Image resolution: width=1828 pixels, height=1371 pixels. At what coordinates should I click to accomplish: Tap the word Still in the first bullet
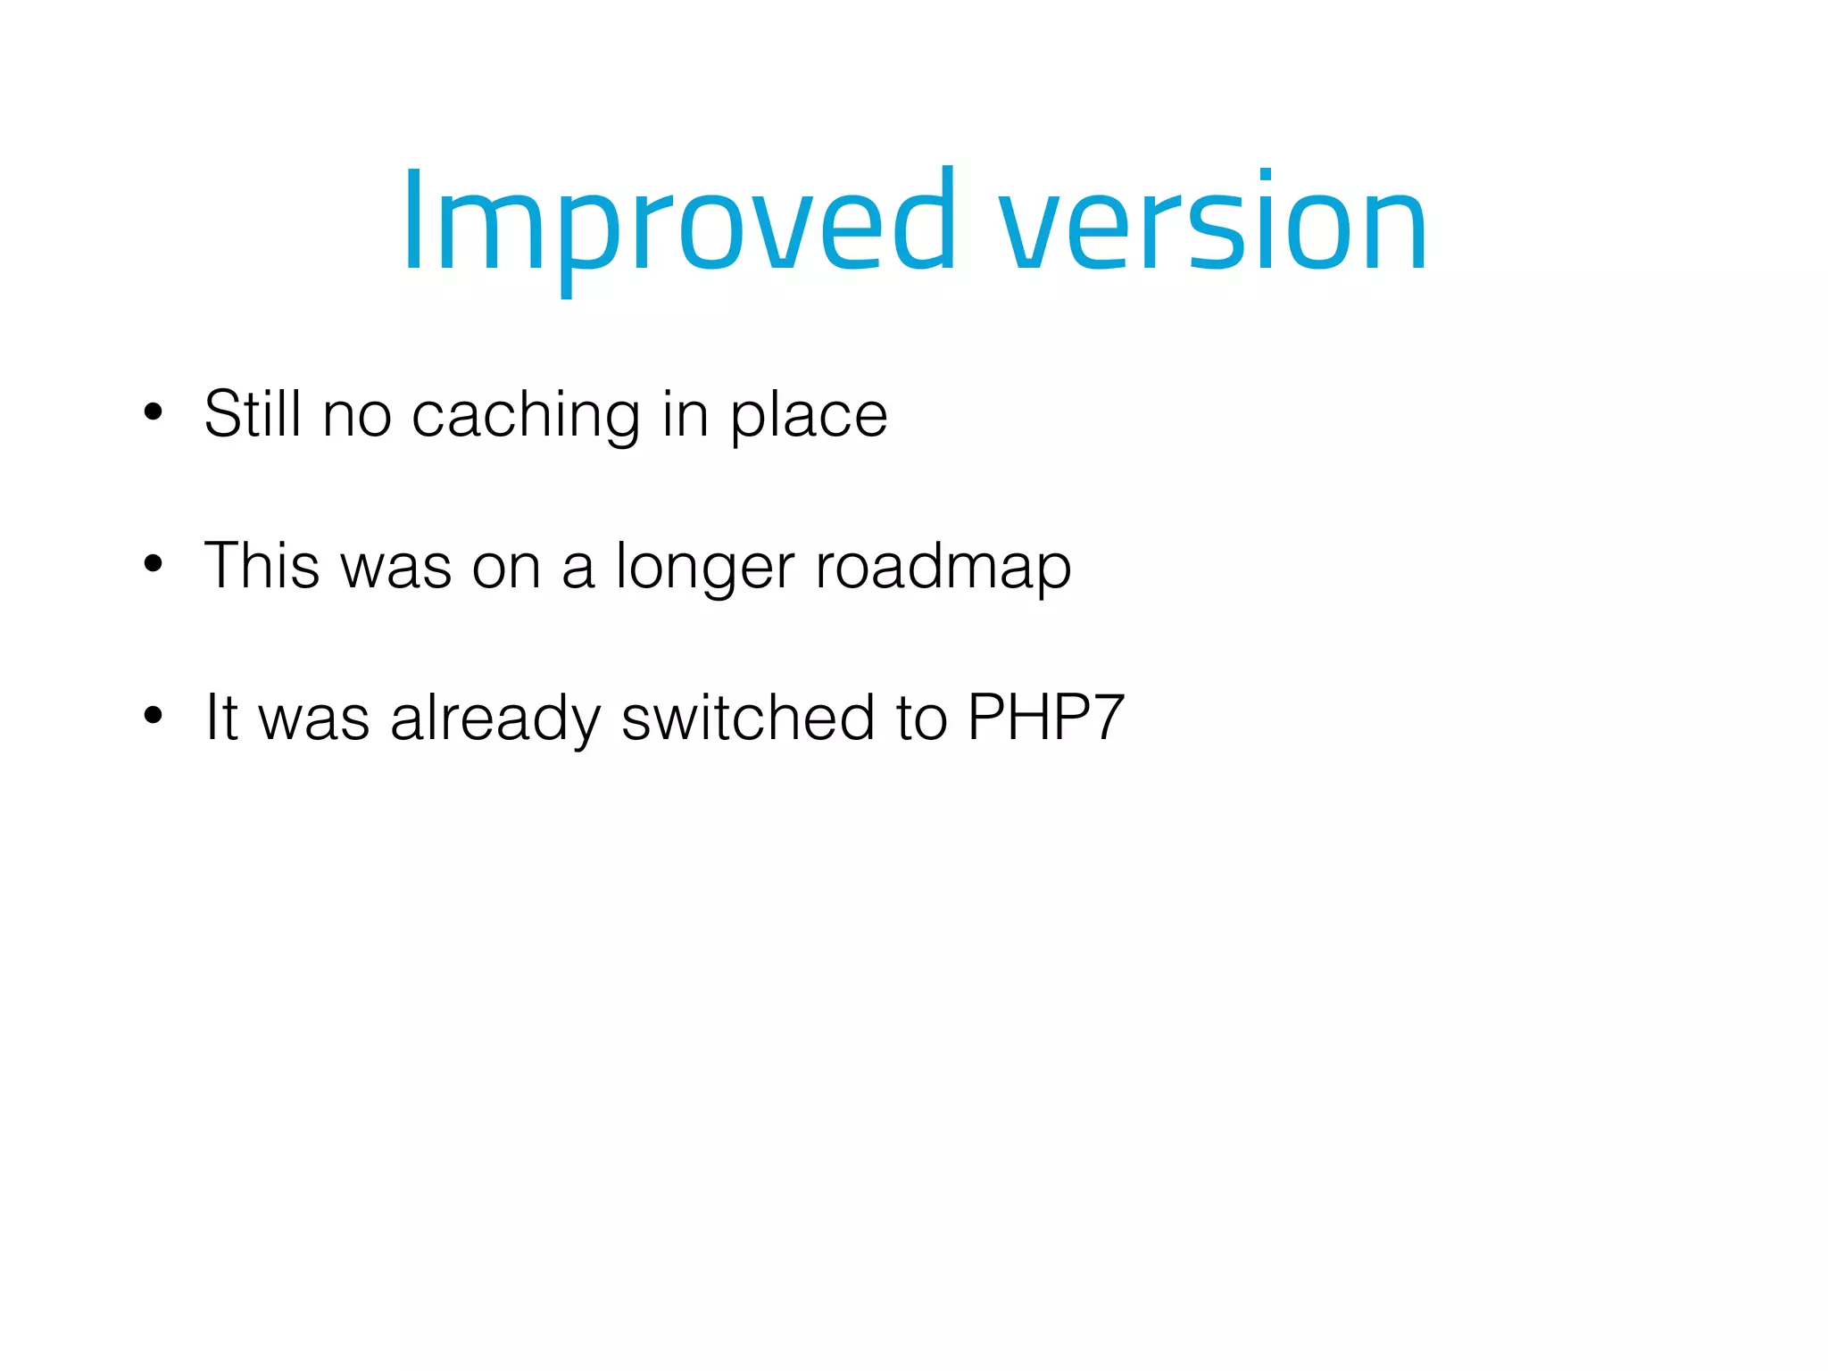pyautogui.click(x=253, y=414)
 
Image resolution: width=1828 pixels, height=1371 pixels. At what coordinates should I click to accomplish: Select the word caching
pyautogui.click(x=526, y=416)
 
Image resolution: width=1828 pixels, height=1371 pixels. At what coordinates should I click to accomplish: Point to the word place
pyautogui.click(x=809, y=416)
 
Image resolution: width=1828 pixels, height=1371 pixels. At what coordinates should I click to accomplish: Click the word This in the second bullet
pyautogui.click(x=262, y=566)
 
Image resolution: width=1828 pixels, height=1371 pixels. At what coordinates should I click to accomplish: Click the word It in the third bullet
pyautogui.click(x=220, y=718)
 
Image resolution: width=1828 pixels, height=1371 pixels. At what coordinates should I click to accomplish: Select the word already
pyautogui.click(x=495, y=719)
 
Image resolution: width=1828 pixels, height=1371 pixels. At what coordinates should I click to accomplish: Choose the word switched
pyautogui.click(x=748, y=718)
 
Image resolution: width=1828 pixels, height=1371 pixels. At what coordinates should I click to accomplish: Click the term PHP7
pyautogui.click(x=1045, y=718)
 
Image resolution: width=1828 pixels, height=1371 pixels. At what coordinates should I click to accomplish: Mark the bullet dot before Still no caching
pyautogui.click(x=154, y=412)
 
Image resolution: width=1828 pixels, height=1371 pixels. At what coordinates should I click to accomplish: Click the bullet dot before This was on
pyautogui.click(x=154, y=564)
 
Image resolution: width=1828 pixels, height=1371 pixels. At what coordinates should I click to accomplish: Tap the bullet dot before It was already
pyautogui.click(x=154, y=715)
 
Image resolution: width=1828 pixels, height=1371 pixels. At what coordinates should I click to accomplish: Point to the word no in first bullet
pyautogui.click(x=356, y=416)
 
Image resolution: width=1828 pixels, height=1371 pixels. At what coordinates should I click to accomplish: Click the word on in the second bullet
pyautogui.click(x=506, y=568)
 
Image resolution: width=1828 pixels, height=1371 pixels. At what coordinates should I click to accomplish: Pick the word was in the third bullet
pyautogui.click(x=313, y=719)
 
